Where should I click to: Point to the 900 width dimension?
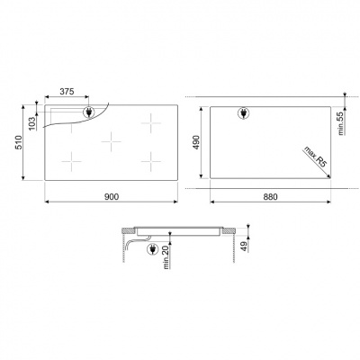click(x=111, y=196)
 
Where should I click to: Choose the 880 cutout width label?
click(x=271, y=196)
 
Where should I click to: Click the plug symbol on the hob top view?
click(x=89, y=112)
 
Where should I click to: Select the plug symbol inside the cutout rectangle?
click(x=242, y=113)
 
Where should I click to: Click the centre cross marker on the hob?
click(x=110, y=139)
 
